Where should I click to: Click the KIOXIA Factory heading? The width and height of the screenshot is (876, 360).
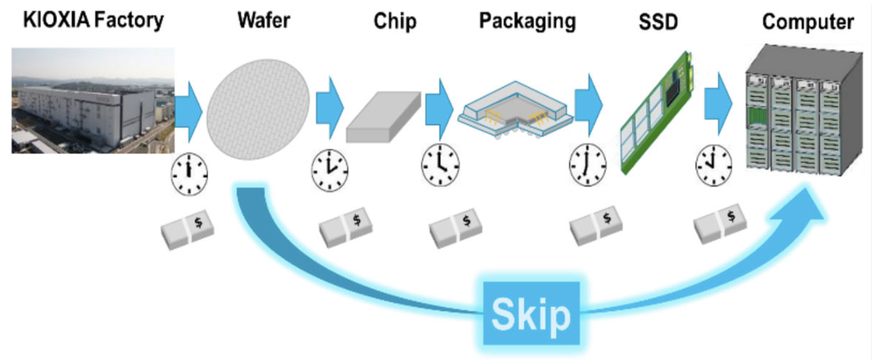pos(93,20)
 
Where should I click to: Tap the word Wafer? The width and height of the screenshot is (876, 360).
pos(263,20)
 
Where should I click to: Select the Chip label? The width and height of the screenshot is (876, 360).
pos(395,21)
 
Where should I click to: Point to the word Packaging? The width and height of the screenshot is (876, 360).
pos(527,21)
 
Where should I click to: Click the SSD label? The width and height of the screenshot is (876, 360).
pos(658,22)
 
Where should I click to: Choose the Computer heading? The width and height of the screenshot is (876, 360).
pos(807,22)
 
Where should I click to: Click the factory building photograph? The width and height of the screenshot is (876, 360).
pos(93,100)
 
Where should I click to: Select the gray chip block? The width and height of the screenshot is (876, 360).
pos(383,117)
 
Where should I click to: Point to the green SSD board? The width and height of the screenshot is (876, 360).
pos(657,112)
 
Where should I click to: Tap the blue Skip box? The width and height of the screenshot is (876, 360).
pos(531,314)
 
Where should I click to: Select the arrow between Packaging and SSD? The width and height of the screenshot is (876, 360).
pos(588,105)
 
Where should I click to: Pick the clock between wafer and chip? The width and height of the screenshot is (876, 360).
pos(330,170)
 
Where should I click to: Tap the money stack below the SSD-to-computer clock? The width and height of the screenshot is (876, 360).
pos(720,223)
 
